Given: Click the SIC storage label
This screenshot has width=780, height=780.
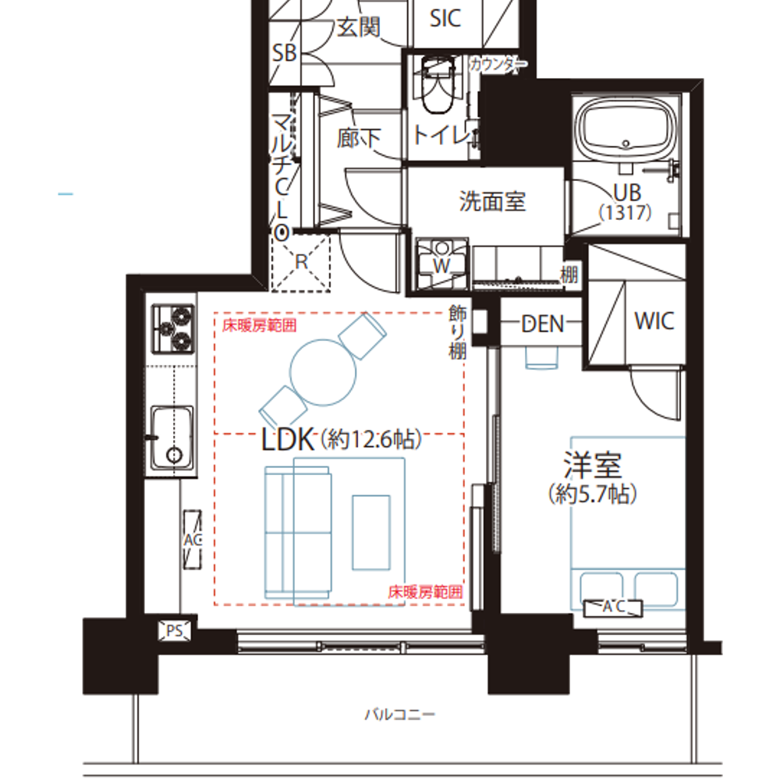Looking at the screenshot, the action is click(445, 19).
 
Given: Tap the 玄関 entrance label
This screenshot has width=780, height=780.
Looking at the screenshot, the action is click(359, 27).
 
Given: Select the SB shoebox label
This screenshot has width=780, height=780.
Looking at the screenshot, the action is click(285, 53).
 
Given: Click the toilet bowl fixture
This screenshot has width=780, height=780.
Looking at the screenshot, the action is click(438, 84).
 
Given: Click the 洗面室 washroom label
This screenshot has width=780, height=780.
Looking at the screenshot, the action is click(492, 201).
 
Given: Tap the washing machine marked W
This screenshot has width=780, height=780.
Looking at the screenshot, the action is click(441, 264).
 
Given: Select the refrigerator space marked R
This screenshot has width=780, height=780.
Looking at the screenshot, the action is click(301, 263).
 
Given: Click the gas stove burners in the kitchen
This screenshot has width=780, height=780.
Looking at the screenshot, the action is click(173, 329).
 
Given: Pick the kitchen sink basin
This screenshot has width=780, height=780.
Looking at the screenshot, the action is click(172, 438).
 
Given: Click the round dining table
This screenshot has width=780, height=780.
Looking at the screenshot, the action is click(323, 372).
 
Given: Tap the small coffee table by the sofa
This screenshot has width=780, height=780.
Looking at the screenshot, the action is click(371, 532).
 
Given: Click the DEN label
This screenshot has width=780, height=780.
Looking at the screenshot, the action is click(543, 324).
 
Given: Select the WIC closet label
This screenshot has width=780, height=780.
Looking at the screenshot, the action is click(654, 321).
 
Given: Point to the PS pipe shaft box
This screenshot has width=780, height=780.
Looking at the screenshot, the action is click(174, 631).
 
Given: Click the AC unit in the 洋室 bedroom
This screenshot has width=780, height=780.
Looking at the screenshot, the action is click(613, 608).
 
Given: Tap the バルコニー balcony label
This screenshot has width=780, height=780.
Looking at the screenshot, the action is click(400, 714).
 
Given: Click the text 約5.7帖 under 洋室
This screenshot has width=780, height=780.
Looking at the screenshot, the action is click(593, 494).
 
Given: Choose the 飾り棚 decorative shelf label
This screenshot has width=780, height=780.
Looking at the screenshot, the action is click(458, 332).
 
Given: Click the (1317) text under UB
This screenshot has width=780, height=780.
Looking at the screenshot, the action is click(625, 212).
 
